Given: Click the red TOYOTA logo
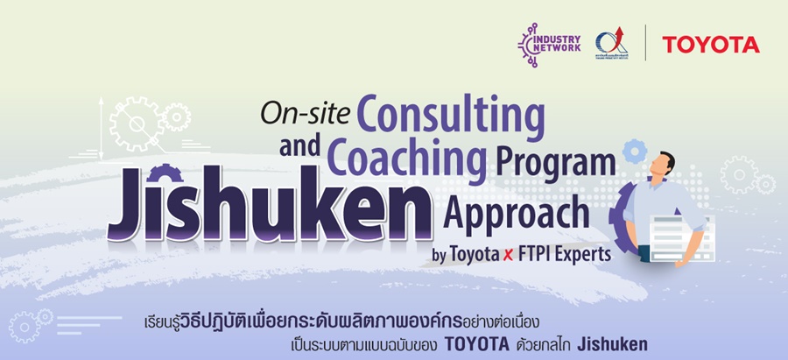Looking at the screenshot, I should click(x=710, y=44).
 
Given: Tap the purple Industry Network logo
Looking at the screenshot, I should click(x=549, y=44).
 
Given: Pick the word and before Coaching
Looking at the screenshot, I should click(x=301, y=149).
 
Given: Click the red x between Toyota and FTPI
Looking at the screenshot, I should click(x=508, y=256).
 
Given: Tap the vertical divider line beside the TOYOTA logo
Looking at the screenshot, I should click(x=646, y=43).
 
